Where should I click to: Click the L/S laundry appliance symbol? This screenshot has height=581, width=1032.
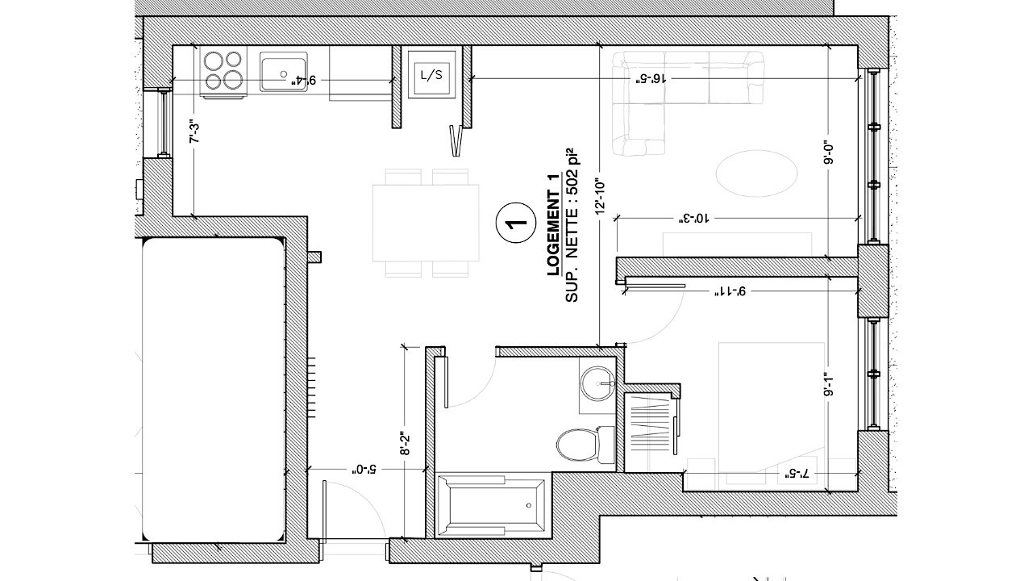[431, 74]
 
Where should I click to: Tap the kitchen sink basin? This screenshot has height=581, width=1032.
[283, 72]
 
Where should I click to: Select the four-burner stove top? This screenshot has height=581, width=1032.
[223, 73]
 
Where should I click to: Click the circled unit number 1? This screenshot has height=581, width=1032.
[515, 223]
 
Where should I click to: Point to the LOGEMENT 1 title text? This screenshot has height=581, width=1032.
[553, 224]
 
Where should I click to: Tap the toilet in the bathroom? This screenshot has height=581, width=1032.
[585, 445]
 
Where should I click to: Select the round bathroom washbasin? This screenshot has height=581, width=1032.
[597, 382]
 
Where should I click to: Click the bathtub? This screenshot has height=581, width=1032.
[493, 505]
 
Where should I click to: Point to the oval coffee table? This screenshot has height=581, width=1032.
[756, 173]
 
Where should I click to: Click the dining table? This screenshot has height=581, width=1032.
[426, 223]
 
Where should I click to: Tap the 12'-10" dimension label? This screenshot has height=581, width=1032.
[600, 197]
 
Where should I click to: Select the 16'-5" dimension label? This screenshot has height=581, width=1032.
[649, 78]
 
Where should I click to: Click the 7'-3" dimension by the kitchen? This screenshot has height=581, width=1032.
[195, 132]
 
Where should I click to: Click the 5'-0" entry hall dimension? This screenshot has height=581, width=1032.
[365, 470]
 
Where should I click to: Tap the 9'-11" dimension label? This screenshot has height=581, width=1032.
[730, 291]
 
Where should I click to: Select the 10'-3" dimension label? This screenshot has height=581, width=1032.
[693, 218]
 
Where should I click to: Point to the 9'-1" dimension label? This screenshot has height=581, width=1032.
[830, 385]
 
